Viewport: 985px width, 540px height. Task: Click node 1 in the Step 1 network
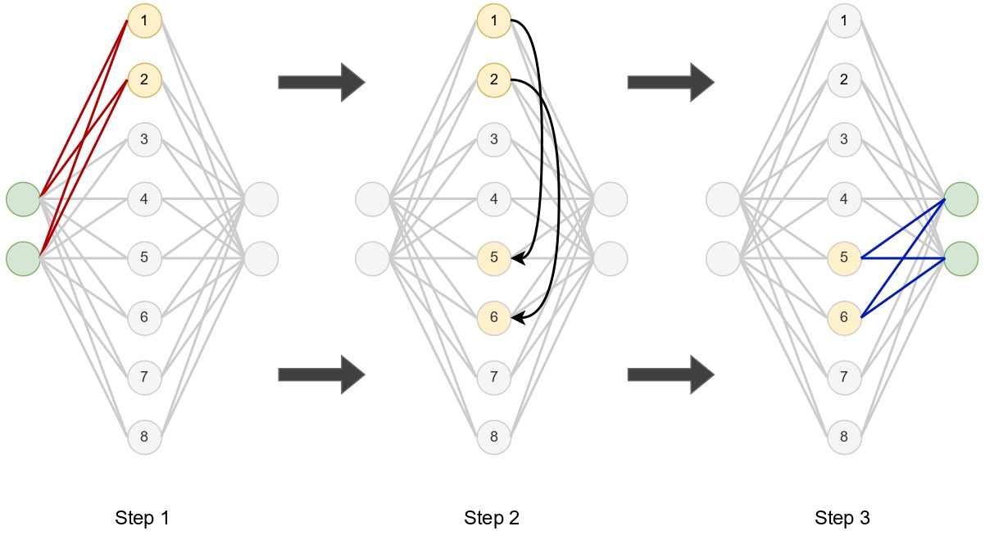pos(144,20)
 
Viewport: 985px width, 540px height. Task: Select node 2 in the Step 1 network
pos(144,79)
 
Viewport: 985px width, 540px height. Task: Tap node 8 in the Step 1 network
pos(144,437)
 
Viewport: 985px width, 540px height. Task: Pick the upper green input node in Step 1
pos(23,199)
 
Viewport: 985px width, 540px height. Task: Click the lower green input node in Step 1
pos(23,258)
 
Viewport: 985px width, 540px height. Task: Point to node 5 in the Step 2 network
pos(494,258)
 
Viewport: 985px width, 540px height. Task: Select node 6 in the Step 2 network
pos(494,317)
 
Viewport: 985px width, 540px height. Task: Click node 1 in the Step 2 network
pos(494,20)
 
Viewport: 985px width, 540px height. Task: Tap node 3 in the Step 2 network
pos(494,138)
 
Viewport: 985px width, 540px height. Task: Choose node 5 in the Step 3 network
pos(844,258)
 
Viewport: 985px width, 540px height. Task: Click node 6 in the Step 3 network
pos(844,317)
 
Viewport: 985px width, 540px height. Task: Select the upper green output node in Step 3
pos(961,199)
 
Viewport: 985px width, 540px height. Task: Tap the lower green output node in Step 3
pos(961,258)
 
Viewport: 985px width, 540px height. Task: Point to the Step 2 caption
pos(492,518)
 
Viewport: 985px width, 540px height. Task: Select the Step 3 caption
pos(842,518)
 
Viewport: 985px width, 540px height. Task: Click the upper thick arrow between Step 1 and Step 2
pos(320,81)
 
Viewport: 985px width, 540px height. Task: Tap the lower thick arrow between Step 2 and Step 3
pos(670,374)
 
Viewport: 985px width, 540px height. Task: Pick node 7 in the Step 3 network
pos(844,377)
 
